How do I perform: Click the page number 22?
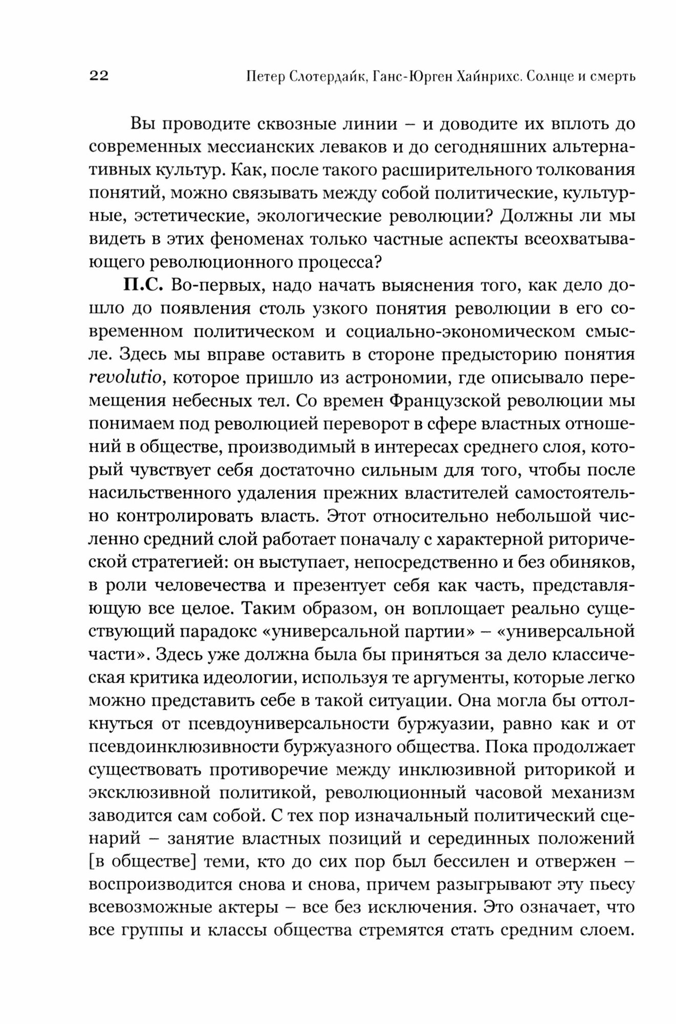(99, 76)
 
